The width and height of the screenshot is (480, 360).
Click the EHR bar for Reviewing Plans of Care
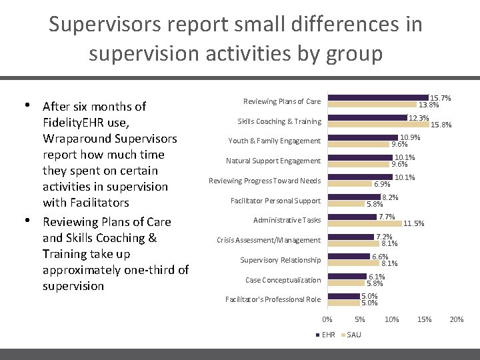point(379,98)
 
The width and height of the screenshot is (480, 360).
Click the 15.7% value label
point(440,98)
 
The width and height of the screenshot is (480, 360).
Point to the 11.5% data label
point(413,224)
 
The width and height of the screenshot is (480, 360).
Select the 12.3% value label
point(419,118)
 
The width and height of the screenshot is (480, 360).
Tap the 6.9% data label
point(382,184)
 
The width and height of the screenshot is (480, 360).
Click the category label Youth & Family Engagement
point(274,141)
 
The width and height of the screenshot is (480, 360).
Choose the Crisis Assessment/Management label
point(269,240)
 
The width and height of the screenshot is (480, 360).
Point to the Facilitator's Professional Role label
point(273,299)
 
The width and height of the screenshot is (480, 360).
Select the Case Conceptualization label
point(283,280)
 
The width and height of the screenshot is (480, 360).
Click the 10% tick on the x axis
point(392,320)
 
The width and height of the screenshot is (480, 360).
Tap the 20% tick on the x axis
point(457,320)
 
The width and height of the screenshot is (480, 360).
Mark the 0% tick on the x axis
point(327,320)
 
